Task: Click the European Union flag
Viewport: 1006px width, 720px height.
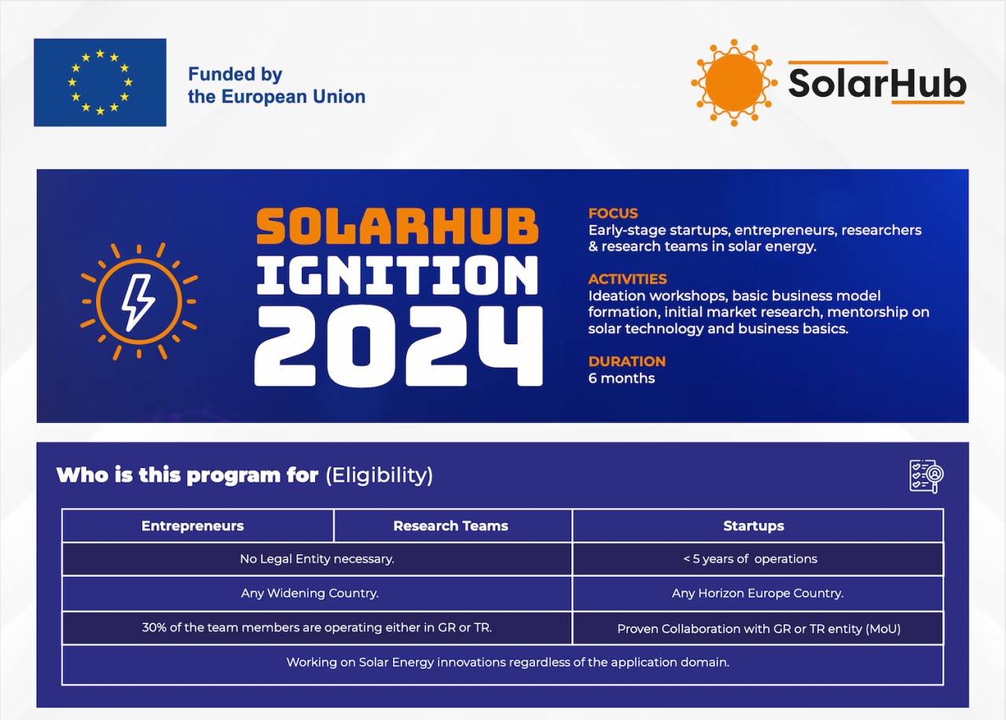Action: [100, 83]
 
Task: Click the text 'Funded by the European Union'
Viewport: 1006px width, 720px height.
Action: [276, 86]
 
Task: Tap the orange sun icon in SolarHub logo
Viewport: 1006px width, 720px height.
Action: [734, 83]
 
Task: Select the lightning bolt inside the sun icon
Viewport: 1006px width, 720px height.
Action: [138, 301]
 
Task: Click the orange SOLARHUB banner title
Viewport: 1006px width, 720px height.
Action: [398, 226]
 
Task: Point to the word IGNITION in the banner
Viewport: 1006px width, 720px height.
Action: [398, 277]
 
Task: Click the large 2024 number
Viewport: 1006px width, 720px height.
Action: [398, 346]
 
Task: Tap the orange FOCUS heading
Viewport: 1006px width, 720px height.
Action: [613, 213]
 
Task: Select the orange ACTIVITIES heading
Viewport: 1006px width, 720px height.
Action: [627, 279]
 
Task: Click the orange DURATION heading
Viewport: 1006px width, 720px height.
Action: [626, 362]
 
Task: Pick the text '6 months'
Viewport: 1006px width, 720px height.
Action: [621, 378]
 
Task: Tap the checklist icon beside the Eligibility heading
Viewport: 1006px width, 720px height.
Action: [926, 476]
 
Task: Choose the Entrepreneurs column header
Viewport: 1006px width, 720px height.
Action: [193, 526]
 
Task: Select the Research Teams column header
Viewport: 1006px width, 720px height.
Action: [450, 526]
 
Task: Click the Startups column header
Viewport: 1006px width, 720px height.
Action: [753, 526]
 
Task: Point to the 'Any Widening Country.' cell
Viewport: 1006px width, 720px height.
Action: [310, 593]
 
